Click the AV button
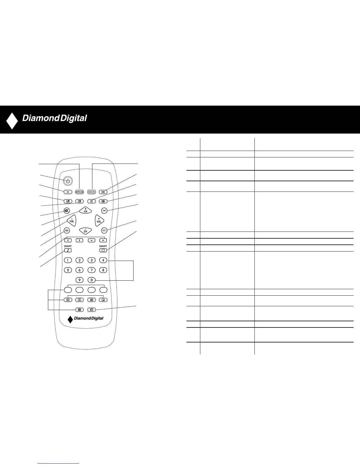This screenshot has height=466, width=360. [x=68, y=192]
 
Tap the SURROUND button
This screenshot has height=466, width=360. [x=79, y=192]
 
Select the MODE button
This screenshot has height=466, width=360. [x=91, y=192]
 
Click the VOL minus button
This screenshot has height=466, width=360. [x=71, y=221]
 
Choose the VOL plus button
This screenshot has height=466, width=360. [x=99, y=220]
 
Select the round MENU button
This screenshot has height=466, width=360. [x=67, y=230]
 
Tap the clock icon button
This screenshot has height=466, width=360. [x=91, y=202]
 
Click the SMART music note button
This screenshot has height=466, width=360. [x=68, y=250]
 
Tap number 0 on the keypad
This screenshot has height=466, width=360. [x=91, y=280]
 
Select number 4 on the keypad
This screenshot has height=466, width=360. [x=103, y=260]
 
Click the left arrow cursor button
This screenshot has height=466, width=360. [x=68, y=240]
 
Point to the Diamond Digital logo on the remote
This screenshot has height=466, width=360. [x=86, y=318]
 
